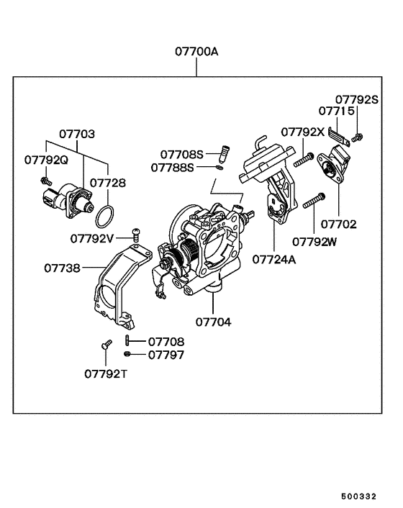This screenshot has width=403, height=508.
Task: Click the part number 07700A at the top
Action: point(196,52)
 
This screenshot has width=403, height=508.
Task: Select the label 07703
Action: point(77,134)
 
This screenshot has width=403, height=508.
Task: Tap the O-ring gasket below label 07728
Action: point(106,214)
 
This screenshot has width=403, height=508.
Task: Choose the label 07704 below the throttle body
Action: point(213,322)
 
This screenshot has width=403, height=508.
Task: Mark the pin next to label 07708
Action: point(127,341)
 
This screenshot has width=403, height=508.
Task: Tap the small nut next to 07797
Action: point(127,355)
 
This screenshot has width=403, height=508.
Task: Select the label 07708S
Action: point(182,154)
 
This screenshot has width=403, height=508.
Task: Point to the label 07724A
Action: point(273,259)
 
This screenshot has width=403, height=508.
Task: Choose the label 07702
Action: point(338,224)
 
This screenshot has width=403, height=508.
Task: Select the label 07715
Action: point(337,112)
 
